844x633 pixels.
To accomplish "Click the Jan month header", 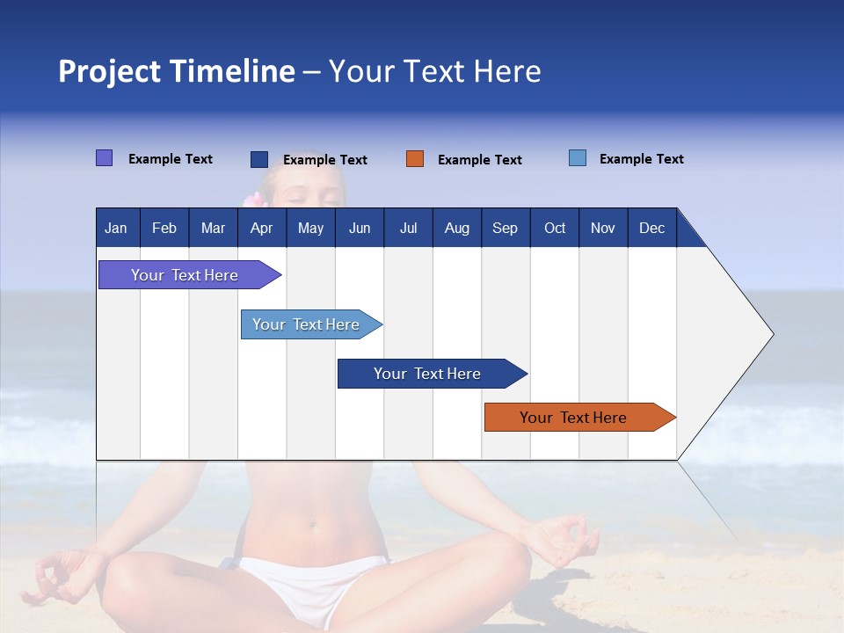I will (116, 229).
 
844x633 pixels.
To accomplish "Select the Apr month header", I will (261, 229).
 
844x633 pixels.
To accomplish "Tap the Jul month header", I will (408, 229).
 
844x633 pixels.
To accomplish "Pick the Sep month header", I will (505, 229).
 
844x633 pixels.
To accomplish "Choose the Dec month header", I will (651, 229).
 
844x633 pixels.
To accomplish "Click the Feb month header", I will (164, 229).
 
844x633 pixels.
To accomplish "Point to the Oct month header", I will (555, 229).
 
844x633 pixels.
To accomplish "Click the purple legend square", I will (104, 158).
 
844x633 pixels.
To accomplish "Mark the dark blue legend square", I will (259, 159).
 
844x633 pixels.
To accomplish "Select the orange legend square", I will (415, 159).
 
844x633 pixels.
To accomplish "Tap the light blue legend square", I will (578, 158).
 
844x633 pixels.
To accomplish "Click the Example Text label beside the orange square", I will (479, 160).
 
